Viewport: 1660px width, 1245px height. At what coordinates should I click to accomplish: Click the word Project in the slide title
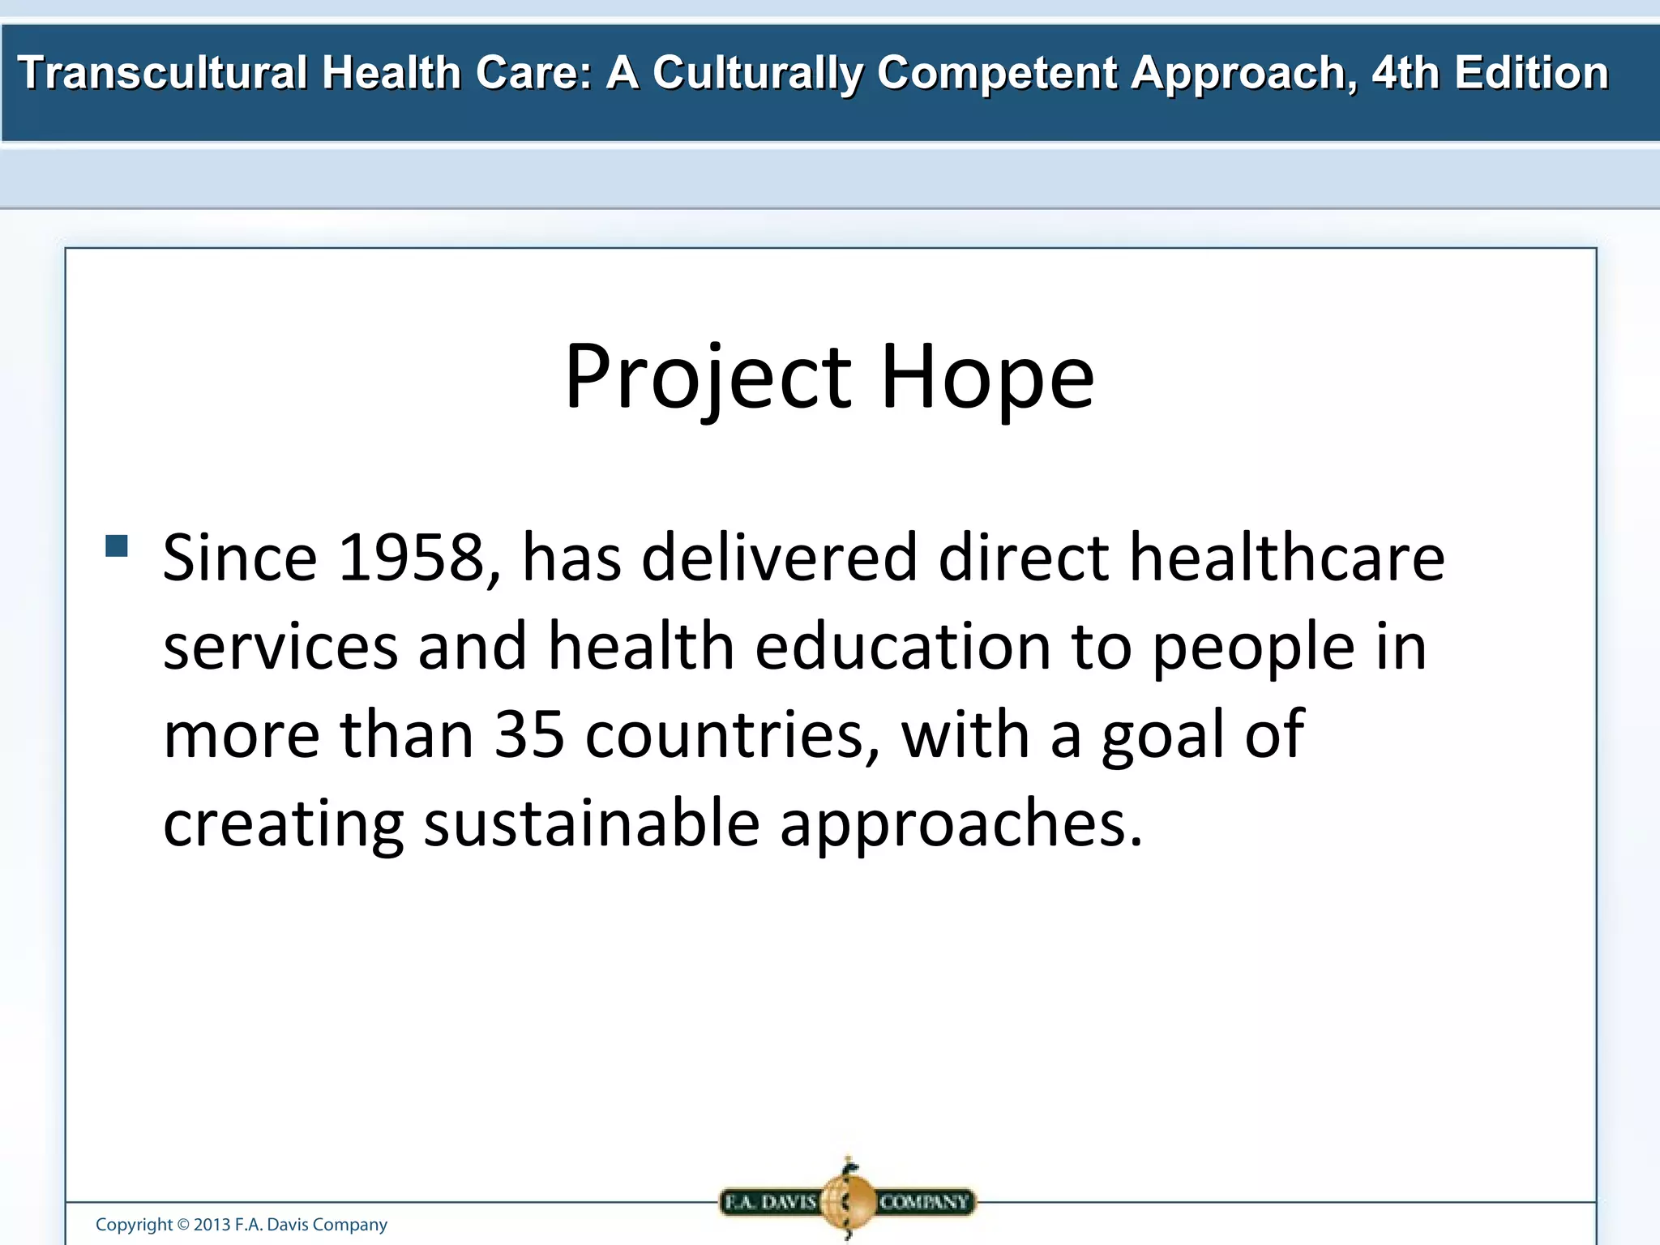click(x=707, y=378)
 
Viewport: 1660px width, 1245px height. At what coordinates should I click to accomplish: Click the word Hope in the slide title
click(x=986, y=378)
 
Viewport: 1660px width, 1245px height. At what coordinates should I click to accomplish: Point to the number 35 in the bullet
click(x=529, y=734)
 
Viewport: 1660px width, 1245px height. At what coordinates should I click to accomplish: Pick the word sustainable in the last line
click(x=591, y=823)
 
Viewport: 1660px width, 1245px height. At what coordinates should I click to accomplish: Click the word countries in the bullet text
click(x=733, y=734)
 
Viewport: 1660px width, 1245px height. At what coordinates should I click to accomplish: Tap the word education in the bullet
click(x=903, y=646)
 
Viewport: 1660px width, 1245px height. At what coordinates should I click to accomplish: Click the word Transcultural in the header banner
click(x=162, y=73)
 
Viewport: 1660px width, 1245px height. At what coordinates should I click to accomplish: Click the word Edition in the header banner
click(x=1531, y=73)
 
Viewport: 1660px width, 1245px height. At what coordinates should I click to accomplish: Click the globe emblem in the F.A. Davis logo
click(x=848, y=1200)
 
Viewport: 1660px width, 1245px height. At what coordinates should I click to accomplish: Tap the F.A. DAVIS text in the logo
click(x=769, y=1201)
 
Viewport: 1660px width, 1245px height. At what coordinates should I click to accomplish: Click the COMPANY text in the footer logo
click(x=924, y=1201)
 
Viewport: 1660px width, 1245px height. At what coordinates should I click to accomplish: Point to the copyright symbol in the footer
click(x=182, y=1225)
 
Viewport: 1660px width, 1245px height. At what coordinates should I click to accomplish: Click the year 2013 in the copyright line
click(x=212, y=1225)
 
